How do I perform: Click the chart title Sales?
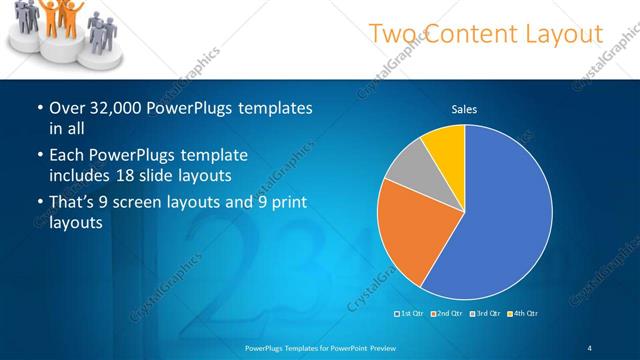(x=464, y=108)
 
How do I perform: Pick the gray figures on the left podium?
(x=25, y=25)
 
